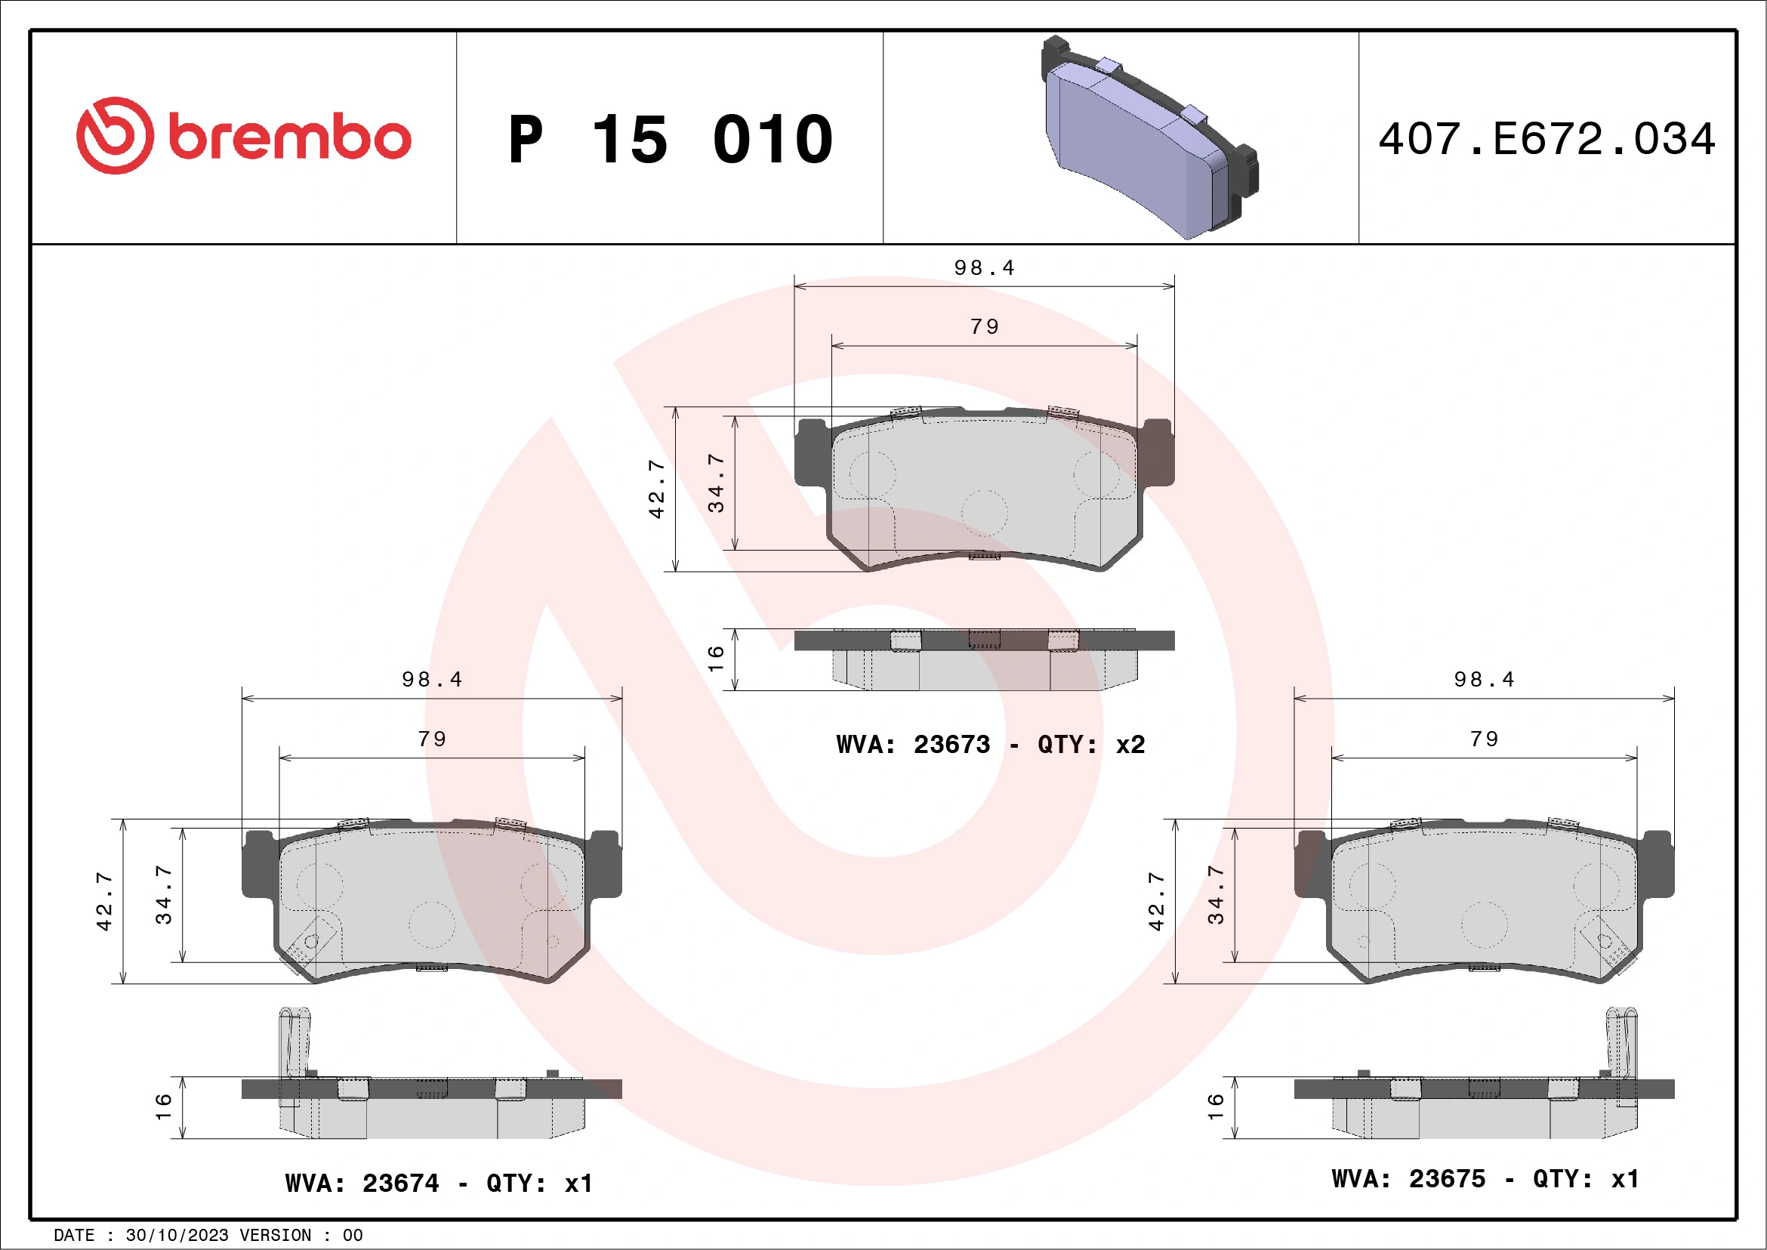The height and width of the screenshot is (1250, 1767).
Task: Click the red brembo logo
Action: [x=243, y=136]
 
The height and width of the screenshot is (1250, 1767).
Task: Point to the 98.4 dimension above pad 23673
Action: [x=985, y=268]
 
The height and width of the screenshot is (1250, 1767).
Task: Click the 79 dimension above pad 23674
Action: [x=432, y=739]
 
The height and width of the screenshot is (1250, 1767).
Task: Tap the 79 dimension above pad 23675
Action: [x=1485, y=739]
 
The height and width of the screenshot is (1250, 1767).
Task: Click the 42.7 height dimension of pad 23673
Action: [x=656, y=489]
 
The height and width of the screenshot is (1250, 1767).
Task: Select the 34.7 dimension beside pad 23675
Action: [x=1215, y=895]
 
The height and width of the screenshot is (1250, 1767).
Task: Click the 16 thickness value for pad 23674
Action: [x=163, y=1106]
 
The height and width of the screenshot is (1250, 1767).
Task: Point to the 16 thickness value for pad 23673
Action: [x=716, y=659]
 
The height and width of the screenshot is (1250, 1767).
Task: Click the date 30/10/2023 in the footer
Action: [x=177, y=1236]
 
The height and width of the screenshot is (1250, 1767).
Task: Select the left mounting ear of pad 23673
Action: [x=810, y=452]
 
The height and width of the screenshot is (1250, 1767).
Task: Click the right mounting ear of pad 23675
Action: [x=1658, y=864]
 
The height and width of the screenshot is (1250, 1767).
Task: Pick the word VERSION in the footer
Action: [x=276, y=1236]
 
